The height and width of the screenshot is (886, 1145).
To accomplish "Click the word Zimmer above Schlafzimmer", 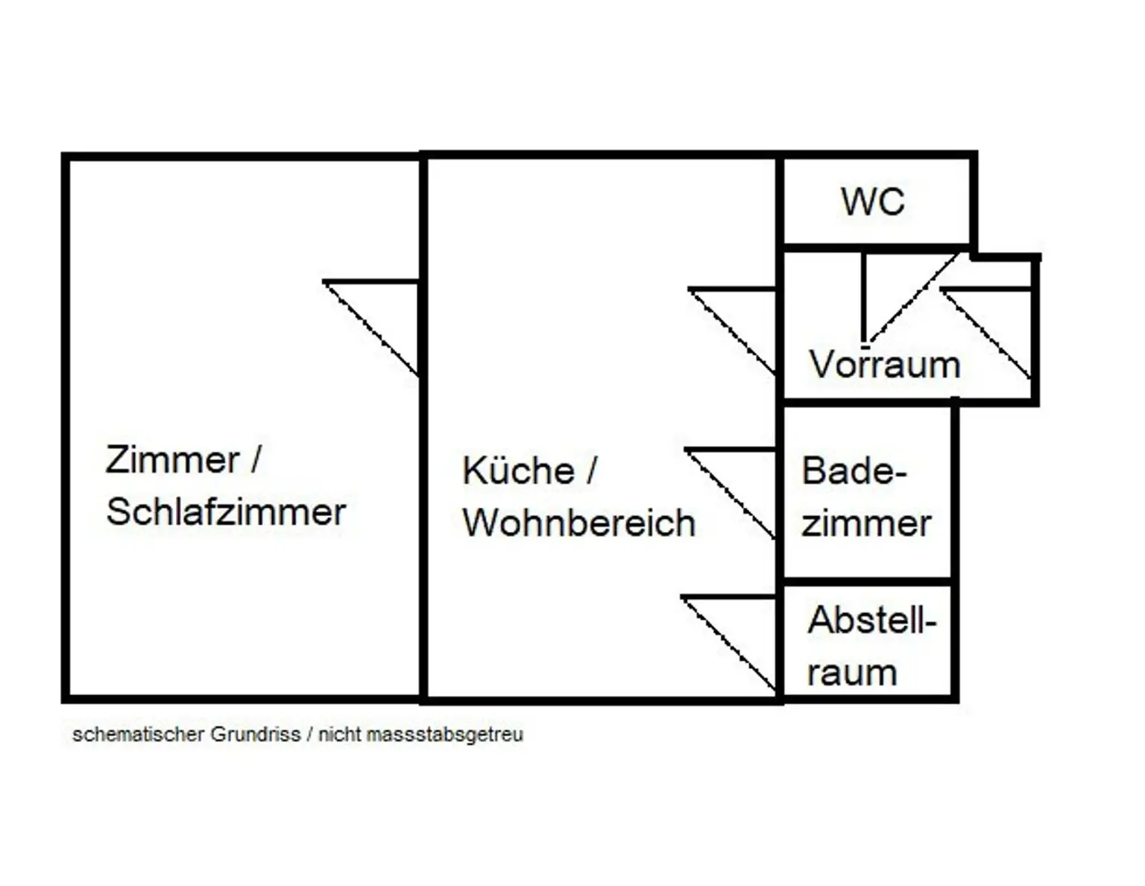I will [172, 459].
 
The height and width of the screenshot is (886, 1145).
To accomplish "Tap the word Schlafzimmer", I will [226, 512].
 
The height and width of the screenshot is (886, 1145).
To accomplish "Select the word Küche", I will [518, 471].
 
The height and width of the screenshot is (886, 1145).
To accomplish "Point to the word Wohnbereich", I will [578, 523].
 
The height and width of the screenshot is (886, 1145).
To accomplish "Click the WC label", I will [873, 201].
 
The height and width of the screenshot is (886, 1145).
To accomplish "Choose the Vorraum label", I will [885, 365].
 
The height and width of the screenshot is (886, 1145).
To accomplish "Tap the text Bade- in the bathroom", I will [854, 471].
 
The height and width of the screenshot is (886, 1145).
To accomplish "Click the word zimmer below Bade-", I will [866, 524].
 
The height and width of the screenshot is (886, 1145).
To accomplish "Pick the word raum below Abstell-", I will [851, 673].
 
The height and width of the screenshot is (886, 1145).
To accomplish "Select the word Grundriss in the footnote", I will [255, 735].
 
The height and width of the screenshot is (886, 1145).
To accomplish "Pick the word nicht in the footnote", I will [339, 735].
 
